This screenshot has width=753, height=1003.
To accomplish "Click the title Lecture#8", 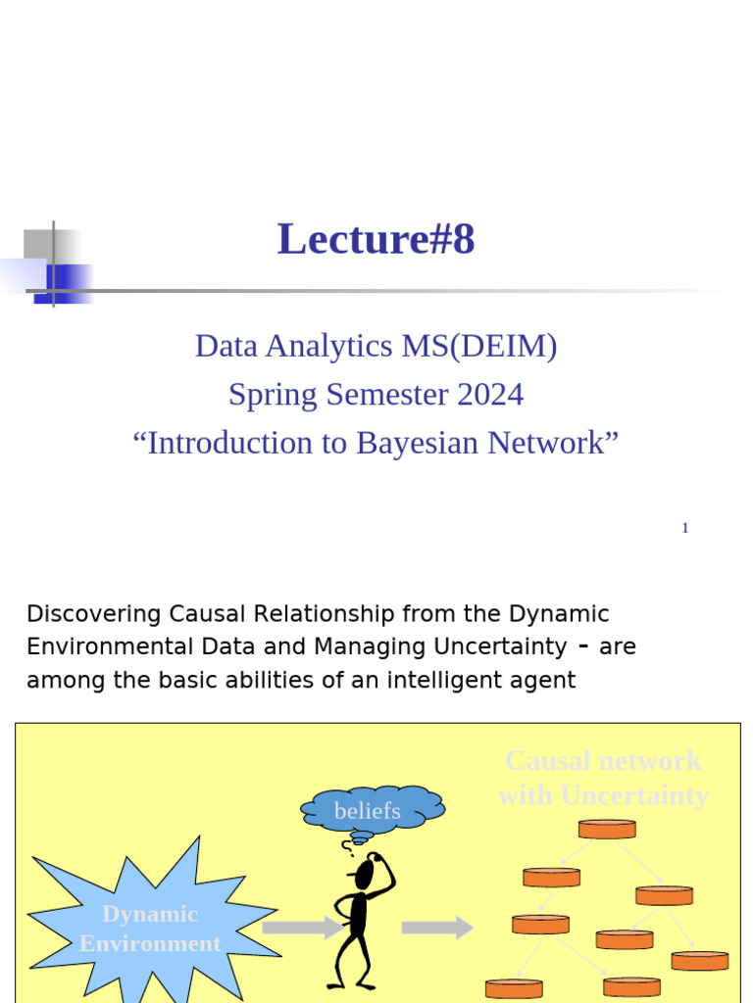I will (x=376, y=240).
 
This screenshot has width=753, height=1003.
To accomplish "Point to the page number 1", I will (x=685, y=528).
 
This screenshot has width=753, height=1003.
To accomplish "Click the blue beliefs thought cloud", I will (x=371, y=810).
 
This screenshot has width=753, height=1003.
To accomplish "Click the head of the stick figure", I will (x=365, y=873).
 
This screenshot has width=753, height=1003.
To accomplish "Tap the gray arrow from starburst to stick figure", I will (x=302, y=928).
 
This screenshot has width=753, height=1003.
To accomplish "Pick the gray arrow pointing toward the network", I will (x=437, y=928).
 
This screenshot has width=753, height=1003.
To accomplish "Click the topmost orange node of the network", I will (x=607, y=829).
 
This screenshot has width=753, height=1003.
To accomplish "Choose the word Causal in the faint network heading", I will (x=547, y=761).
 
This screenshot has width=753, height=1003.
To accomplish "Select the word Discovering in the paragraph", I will (x=94, y=614).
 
